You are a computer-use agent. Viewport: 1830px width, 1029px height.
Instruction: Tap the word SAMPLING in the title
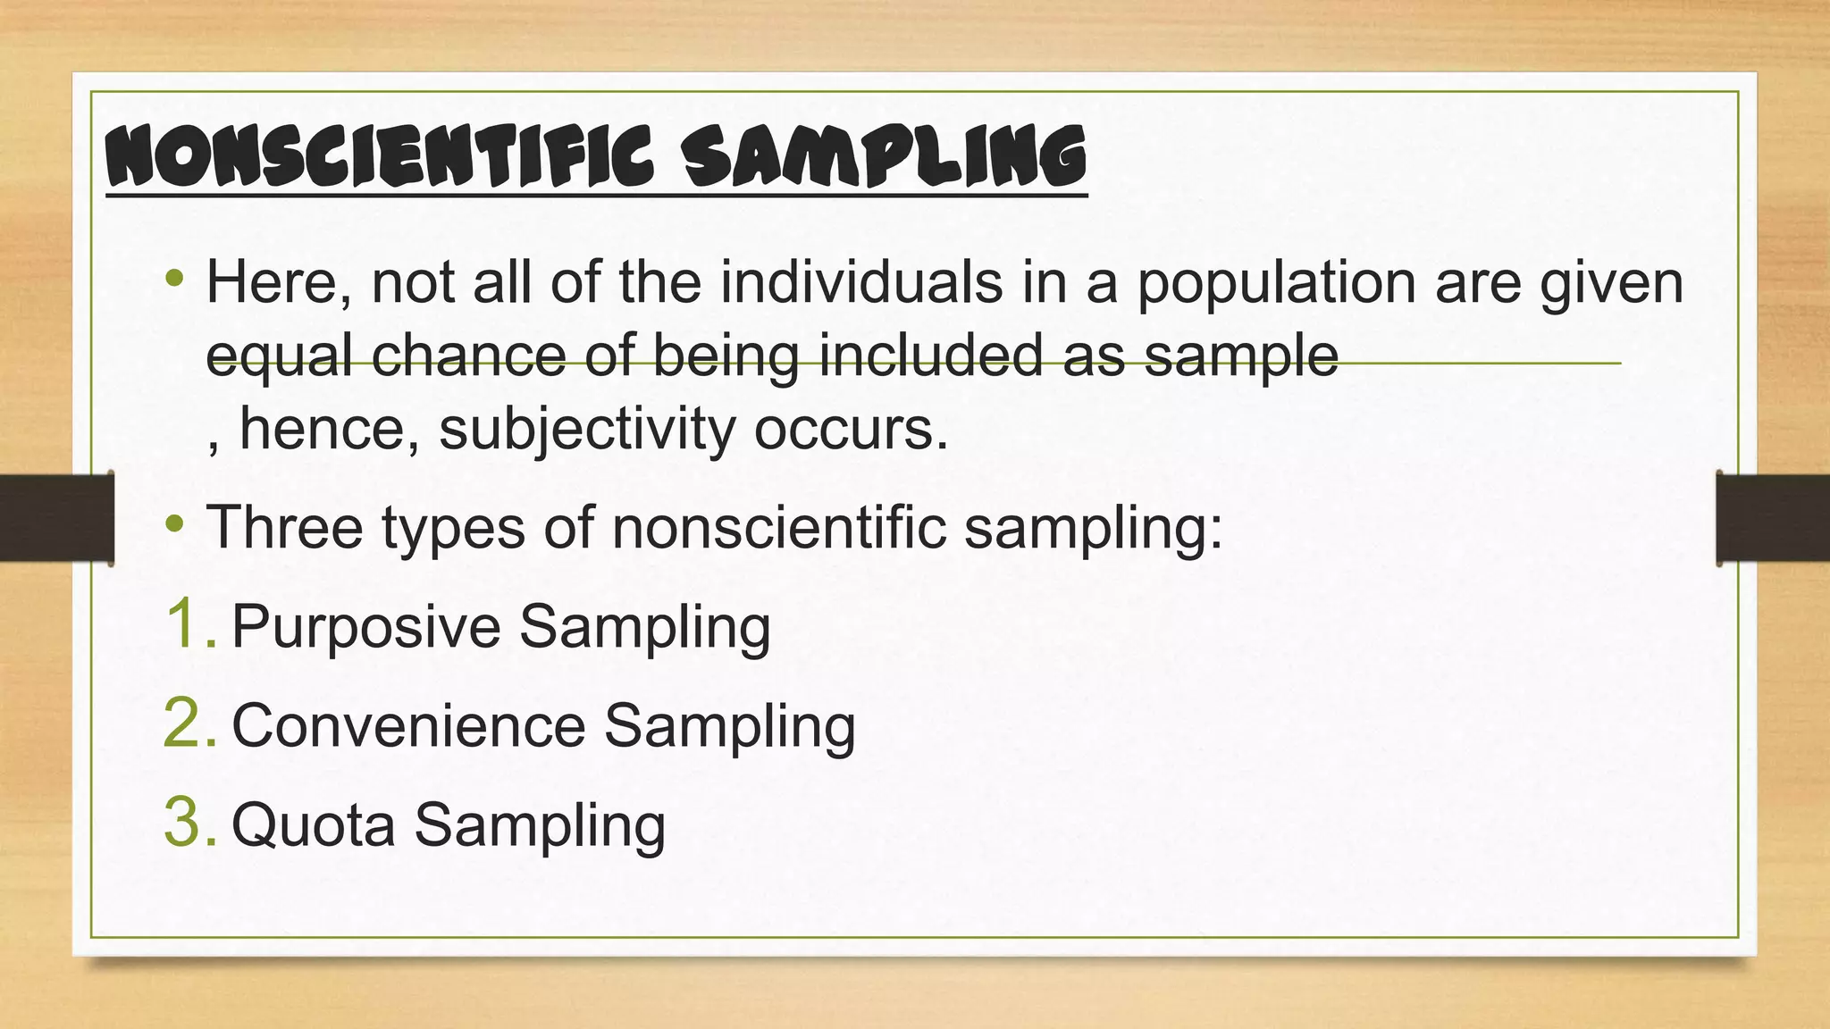(884, 157)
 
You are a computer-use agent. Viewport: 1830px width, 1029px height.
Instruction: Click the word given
(1611, 284)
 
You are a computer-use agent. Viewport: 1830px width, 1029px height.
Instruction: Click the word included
(932, 356)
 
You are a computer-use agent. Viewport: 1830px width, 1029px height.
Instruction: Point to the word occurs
(851, 431)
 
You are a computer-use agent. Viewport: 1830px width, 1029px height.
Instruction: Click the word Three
(285, 527)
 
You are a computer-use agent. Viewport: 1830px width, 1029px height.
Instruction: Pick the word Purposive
(365, 626)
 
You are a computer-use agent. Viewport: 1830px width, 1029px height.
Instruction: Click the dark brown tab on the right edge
(1773, 518)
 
